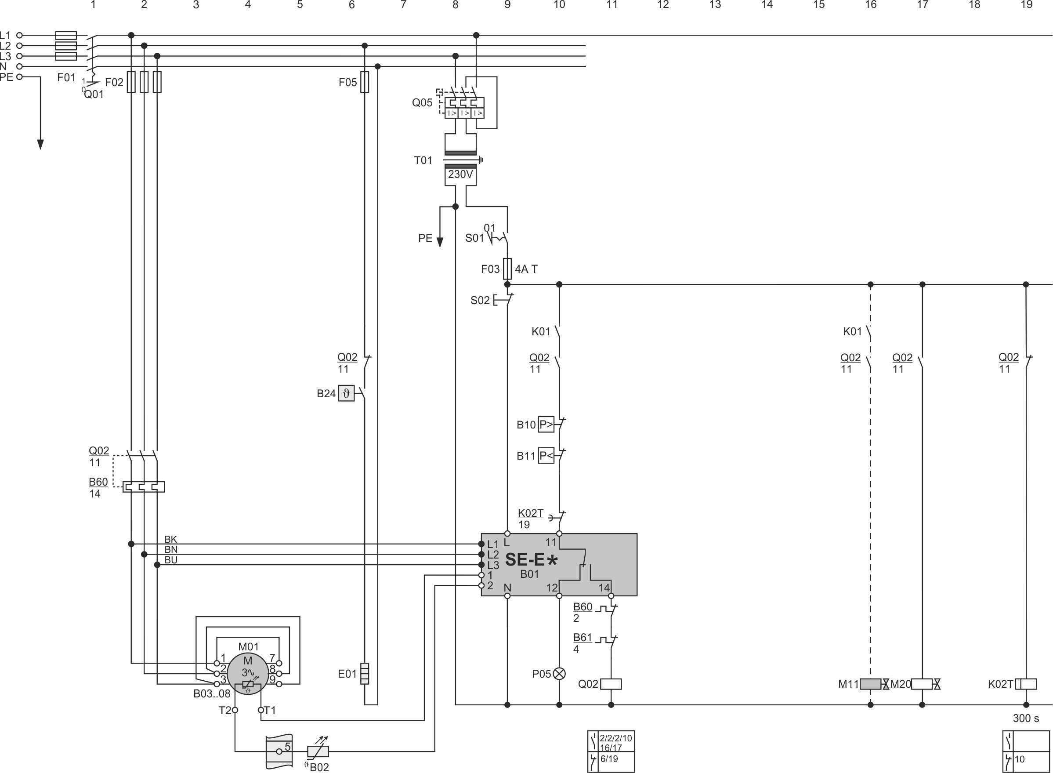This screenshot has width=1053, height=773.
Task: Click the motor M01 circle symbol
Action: point(248,673)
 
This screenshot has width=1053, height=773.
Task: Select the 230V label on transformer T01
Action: point(460,174)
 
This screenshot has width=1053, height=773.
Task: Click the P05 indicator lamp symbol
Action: point(559,674)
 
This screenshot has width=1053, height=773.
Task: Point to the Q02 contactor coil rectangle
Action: point(611,684)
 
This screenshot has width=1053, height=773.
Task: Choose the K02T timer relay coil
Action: point(1025,684)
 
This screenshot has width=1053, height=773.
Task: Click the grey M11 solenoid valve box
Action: point(870,684)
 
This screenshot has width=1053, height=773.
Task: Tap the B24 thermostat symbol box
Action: point(346,393)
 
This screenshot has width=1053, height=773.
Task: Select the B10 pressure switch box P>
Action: point(546,425)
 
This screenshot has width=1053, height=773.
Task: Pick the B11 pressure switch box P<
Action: point(546,456)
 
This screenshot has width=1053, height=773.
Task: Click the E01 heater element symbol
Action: point(365,674)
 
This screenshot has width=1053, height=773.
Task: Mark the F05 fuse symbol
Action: point(365,82)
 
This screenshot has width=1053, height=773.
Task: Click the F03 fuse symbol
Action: point(507,269)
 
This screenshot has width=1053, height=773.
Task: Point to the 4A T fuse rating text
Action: point(526,269)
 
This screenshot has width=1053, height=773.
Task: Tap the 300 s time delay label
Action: point(1025,718)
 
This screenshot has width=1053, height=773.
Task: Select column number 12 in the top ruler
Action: point(663,5)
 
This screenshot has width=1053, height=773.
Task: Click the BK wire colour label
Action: point(171,540)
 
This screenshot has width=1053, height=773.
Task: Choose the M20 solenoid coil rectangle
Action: point(922,684)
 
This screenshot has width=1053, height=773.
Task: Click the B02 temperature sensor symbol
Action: point(318,751)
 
